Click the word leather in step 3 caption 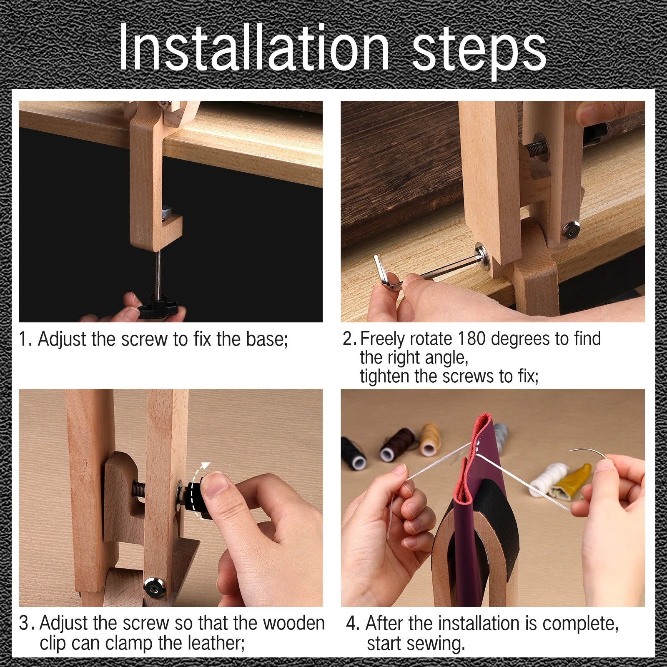point(215,642)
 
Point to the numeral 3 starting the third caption point(25,623)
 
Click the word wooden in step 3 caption point(293,623)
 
